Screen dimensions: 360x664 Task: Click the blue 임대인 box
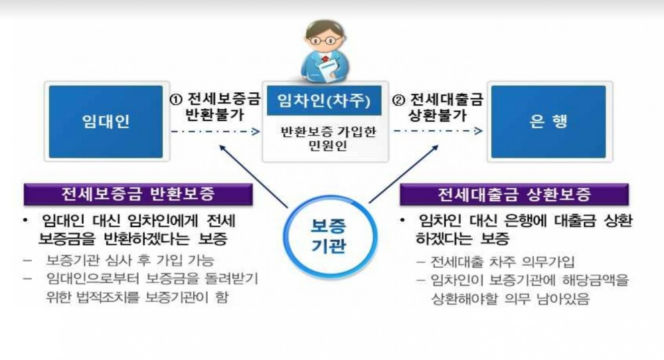(x=105, y=121)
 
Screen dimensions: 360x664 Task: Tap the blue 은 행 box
(x=548, y=121)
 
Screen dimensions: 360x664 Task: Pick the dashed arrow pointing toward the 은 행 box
(x=438, y=132)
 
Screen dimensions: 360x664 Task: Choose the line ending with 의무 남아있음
(x=506, y=298)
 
